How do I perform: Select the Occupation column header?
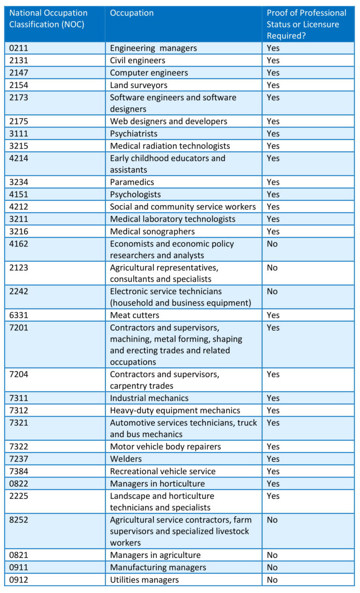[x=132, y=13]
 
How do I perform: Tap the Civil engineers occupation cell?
[x=137, y=60]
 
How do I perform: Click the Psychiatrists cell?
[x=133, y=134]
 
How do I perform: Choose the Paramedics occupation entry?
[x=132, y=182]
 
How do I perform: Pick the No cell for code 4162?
[x=272, y=244]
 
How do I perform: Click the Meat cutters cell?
[x=135, y=315]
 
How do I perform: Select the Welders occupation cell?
[x=126, y=459]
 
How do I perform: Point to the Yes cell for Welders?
[x=273, y=459]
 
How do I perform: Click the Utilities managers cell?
[x=144, y=580]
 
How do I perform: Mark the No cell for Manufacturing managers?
[x=272, y=568]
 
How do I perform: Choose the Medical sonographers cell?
[x=152, y=232]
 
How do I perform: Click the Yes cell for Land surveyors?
[x=273, y=85]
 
